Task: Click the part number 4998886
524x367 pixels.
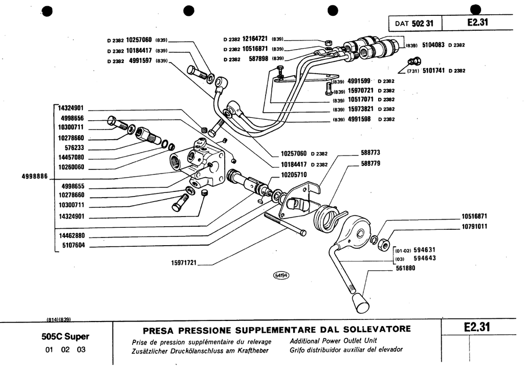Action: coord(34,176)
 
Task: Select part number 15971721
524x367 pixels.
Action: coord(184,263)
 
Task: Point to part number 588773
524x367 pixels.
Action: coord(370,153)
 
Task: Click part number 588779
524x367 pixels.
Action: coord(370,164)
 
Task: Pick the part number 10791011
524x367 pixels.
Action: coord(473,226)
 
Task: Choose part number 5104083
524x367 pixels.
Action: coord(433,45)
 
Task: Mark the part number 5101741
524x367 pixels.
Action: coord(433,71)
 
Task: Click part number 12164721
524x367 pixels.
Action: coord(255,38)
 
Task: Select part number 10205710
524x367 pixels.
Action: coord(294,175)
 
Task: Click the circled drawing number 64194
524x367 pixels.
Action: coord(281,275)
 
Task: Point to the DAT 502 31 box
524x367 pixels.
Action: coord(414,23)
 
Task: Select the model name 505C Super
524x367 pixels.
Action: coord(65,337)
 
